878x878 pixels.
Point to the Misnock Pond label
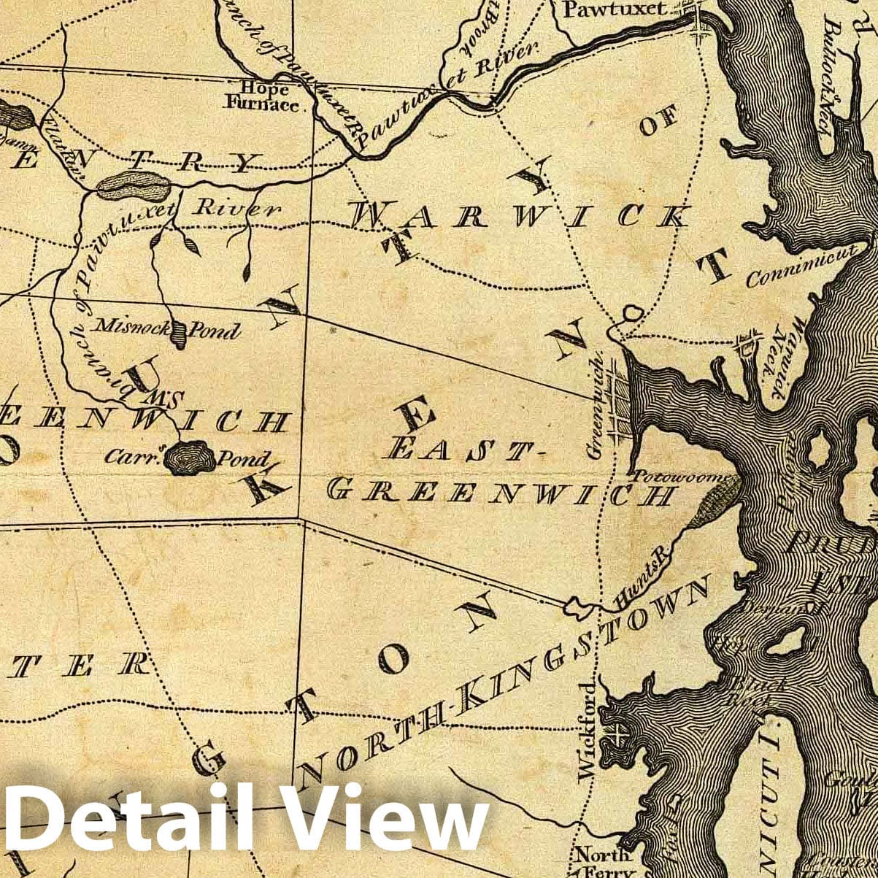pyautogui.click(x=169, y=329)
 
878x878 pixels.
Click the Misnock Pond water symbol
pyautogui.click(x=178, y=335)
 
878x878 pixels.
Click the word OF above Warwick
pyautogui.click(x=658, y=120)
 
